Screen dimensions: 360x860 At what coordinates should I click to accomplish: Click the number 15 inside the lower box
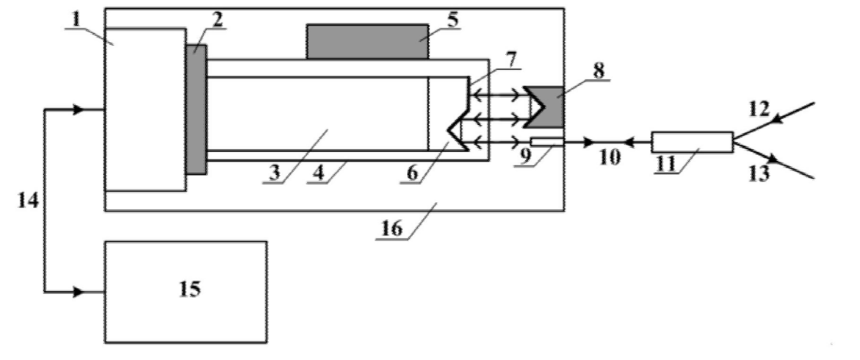pos(189,289)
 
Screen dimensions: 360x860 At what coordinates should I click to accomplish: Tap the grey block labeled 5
pos(366,41)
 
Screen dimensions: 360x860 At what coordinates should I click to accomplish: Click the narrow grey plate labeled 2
pos(197,109)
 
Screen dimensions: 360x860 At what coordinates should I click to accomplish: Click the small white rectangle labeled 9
pos(546,142)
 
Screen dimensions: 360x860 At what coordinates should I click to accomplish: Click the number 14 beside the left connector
pos(28,199)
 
